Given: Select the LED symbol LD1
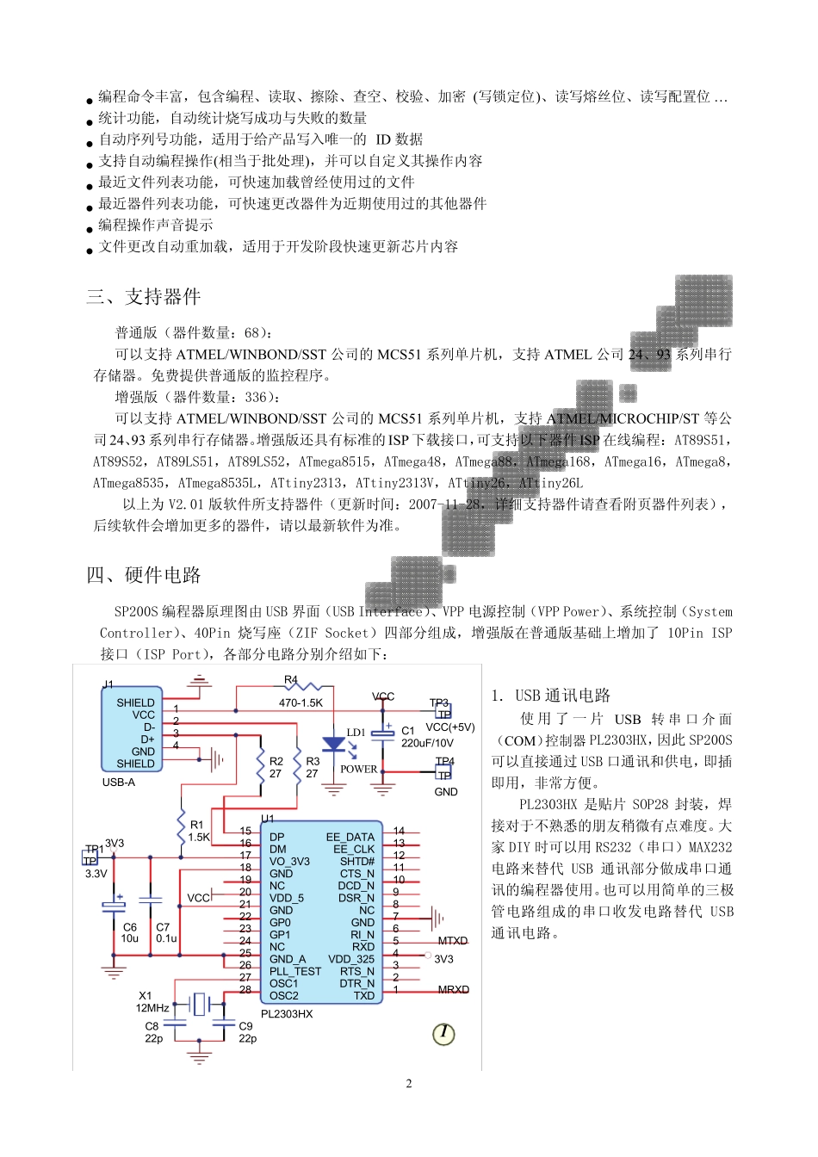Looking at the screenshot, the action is pos(333,745).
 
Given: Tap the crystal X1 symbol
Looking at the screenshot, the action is pos(200,1004).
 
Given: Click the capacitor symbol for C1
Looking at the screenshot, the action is pos(383,733).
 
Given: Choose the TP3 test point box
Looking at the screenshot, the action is pos(443,713).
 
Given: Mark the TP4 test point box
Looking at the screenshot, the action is pos(444,772).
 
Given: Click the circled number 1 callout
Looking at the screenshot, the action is pos(443,1033).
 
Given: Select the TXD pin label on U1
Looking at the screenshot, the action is pos(364,996).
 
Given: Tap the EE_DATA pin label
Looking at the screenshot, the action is pos(350,837).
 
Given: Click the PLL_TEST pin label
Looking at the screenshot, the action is pos(294,971).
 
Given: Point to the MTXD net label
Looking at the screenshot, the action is pos(453,941).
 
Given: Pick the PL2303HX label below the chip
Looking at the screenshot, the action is pos(287,1014).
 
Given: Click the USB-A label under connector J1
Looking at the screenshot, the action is pos(119,783).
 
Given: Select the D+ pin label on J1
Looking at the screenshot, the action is pos(148,739).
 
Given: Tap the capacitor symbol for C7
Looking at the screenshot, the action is pos(150,900).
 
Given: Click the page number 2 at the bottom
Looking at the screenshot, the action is pos(409,1084).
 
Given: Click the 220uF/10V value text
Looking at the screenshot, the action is pos(427,743).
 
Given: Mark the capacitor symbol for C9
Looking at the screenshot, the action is pos(223,1024).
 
